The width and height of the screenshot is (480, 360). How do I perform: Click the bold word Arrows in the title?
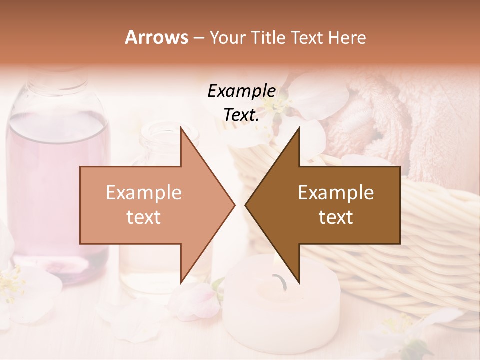coord(157,37)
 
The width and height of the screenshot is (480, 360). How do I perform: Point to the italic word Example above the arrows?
coord(242,91)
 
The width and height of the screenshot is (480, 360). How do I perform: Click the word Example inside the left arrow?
coord(144,192)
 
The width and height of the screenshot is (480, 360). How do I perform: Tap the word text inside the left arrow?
coord(144,217)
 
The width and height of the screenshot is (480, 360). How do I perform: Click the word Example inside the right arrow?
coord(336,192)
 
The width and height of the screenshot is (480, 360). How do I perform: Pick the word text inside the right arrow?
coord(336,217)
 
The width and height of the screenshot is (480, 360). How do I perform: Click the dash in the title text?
coord(198,38)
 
